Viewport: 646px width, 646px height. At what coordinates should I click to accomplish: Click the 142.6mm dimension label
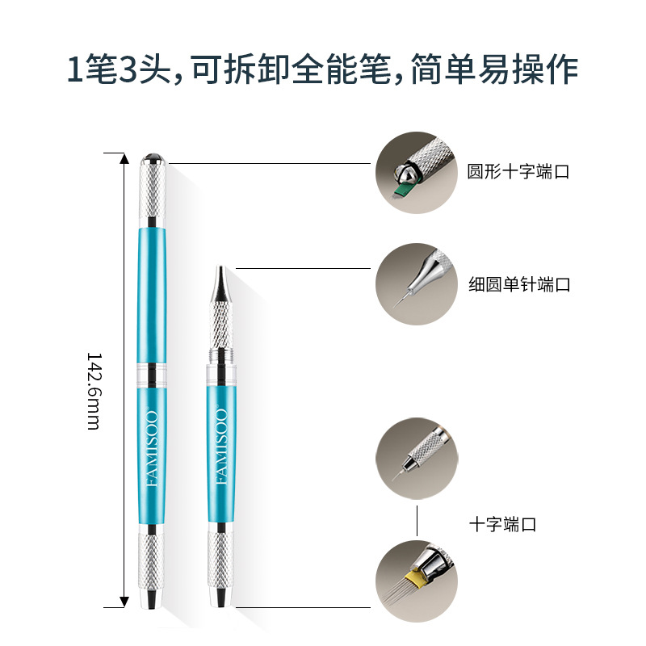pyautogui.click(x=93, y=391)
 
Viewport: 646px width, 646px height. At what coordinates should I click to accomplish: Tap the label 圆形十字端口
pyautogui.click(x=518, y=171)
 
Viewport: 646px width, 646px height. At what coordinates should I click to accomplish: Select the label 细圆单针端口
pyautogui.click(x=519, y=284)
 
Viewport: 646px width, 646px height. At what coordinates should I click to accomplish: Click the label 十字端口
pyautogui.click(x=502, y=524)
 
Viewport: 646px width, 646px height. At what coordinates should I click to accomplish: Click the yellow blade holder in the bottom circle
pyautogui.click(x=414, y=577)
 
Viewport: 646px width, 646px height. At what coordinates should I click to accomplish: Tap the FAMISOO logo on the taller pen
pyautogui.click(x=153, y=449)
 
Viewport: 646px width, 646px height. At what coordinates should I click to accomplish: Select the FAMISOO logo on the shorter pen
pyautogui.click(x=221, y=447)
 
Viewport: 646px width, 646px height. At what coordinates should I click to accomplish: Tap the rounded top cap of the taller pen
pyautogui.click(x=153, y=158)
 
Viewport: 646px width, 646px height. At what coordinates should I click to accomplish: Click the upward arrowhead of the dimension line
pyautogui.click(x=124, y=158)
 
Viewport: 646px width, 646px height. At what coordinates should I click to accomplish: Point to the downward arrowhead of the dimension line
pyautogui.click(x=124, y=602)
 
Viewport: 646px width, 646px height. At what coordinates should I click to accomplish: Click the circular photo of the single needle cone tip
pyautogui.click(x=417, y=284)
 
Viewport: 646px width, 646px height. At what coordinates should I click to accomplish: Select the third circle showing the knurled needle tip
pyautogui.click(x=417, y=459)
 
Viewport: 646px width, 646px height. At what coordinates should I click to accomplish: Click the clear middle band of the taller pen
pyautogui.click(x=152, y=375)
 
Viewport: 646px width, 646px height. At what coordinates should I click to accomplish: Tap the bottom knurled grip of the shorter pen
pyautogui.click(x=220, y=560)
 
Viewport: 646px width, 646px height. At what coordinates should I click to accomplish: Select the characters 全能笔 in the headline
pyautogui.click(x=342, y=69)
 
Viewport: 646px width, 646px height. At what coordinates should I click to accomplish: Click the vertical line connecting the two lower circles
pyautogui.click(x=417, y=520)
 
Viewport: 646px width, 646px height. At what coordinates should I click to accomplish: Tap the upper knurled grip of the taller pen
pyautogui.click(x=153, y=191)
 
